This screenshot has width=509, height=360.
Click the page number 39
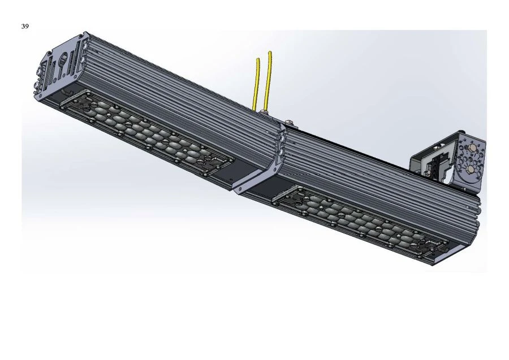click(25, 27)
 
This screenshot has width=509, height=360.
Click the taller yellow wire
click(268, 79)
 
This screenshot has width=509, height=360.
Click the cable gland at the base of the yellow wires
click(261, 113)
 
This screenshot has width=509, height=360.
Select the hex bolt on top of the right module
click(290, 121)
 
